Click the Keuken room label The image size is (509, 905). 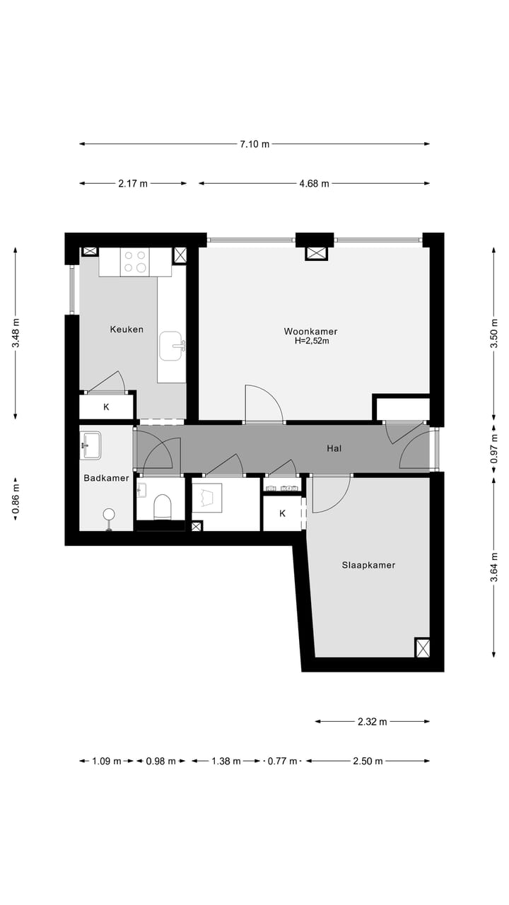[127, 329]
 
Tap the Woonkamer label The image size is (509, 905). [310, 331]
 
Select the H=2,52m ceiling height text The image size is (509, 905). [312, 341]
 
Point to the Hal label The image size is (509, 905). [334, 448]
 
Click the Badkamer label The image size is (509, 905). [106, 478]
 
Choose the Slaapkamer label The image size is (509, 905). [368, 565]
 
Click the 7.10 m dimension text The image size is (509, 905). [255, 144]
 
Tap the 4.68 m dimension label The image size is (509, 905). [314, 184]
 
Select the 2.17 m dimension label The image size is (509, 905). [133, 184]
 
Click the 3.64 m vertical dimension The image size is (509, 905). [494, 568]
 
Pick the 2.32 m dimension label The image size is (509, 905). [372, 722]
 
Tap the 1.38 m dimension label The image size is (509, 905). [226, 761]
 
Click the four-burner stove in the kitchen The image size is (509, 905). [135, 262]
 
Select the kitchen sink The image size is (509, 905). [172, 346]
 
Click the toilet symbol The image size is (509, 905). [162, 506]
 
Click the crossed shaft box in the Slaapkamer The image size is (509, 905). [422, 648]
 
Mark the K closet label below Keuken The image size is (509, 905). [107, 407]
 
